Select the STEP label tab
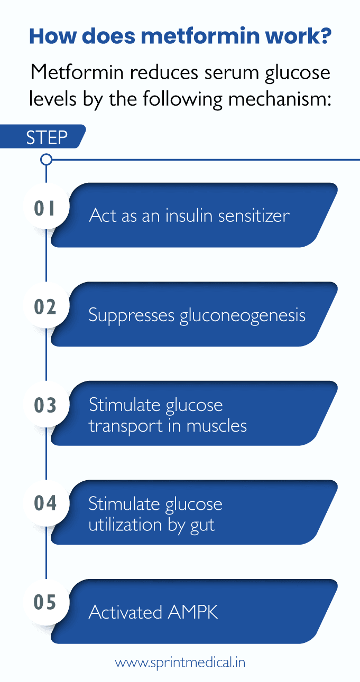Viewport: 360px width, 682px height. (x=47, y=137)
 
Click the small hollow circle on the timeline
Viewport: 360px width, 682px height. (x=47, y=159)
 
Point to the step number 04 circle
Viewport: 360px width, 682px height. (x=45, y=503)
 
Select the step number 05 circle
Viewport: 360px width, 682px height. (x=45, y=602)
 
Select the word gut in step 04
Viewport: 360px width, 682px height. (x=201, y=525)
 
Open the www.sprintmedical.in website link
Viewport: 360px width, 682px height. (x=180, y=662)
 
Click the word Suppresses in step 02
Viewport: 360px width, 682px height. (x=132, y=315)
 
